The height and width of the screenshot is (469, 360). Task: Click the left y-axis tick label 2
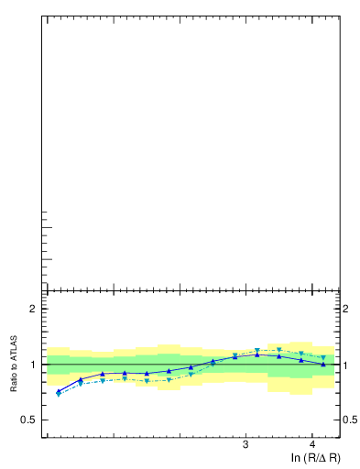tap(33, 309)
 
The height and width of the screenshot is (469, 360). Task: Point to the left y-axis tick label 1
tap(33, 365)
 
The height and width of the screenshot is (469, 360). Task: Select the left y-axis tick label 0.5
tap(29, 420)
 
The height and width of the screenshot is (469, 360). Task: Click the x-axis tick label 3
tap(245, 445)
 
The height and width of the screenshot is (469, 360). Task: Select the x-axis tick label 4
tap(312, 445)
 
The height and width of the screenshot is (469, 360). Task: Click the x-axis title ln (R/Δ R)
tap(316, 457)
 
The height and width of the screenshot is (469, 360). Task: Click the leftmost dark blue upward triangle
tap(59, 391)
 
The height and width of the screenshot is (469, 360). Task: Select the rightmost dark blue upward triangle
tap(323, 364)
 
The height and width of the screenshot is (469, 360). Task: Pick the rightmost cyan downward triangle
tap(323, 357)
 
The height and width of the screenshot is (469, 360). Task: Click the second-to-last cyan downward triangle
tap(301, 354)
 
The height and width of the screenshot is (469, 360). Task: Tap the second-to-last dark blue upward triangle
tap(301, 360)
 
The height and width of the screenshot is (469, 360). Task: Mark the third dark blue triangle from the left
tap(103, 374)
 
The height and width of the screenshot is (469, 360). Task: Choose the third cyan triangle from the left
tap(103, 380)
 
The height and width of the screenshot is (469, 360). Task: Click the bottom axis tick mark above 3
tap(245, 434)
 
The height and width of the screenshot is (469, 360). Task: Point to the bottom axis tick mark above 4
tap(312, 434)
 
